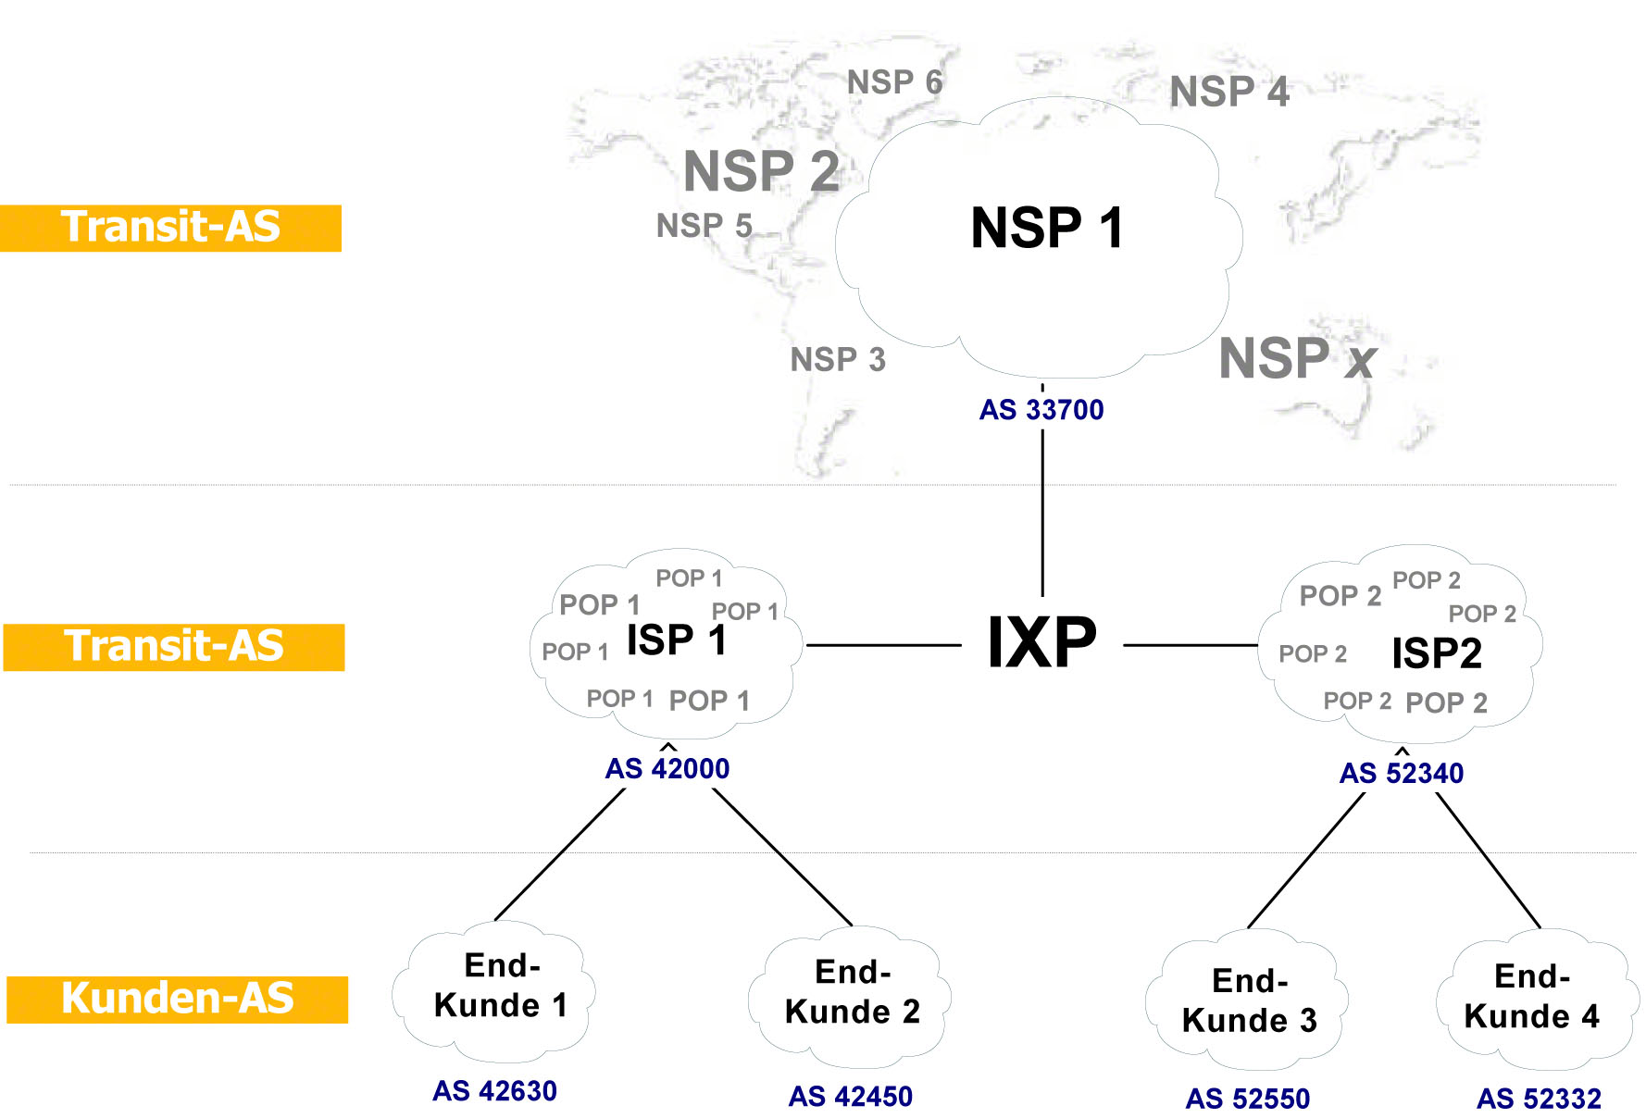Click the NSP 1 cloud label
1047,229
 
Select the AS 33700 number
1041,409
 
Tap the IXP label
1041,642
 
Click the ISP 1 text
676,640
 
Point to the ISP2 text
1436,653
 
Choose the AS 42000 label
667,768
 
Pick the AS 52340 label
1401,773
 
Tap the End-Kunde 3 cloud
1249,1001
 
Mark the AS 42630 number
494,1091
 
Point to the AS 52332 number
1538,1099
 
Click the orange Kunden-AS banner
177,1000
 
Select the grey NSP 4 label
1228,92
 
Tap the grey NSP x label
1296,359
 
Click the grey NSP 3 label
837,359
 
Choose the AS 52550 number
1247,1099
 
